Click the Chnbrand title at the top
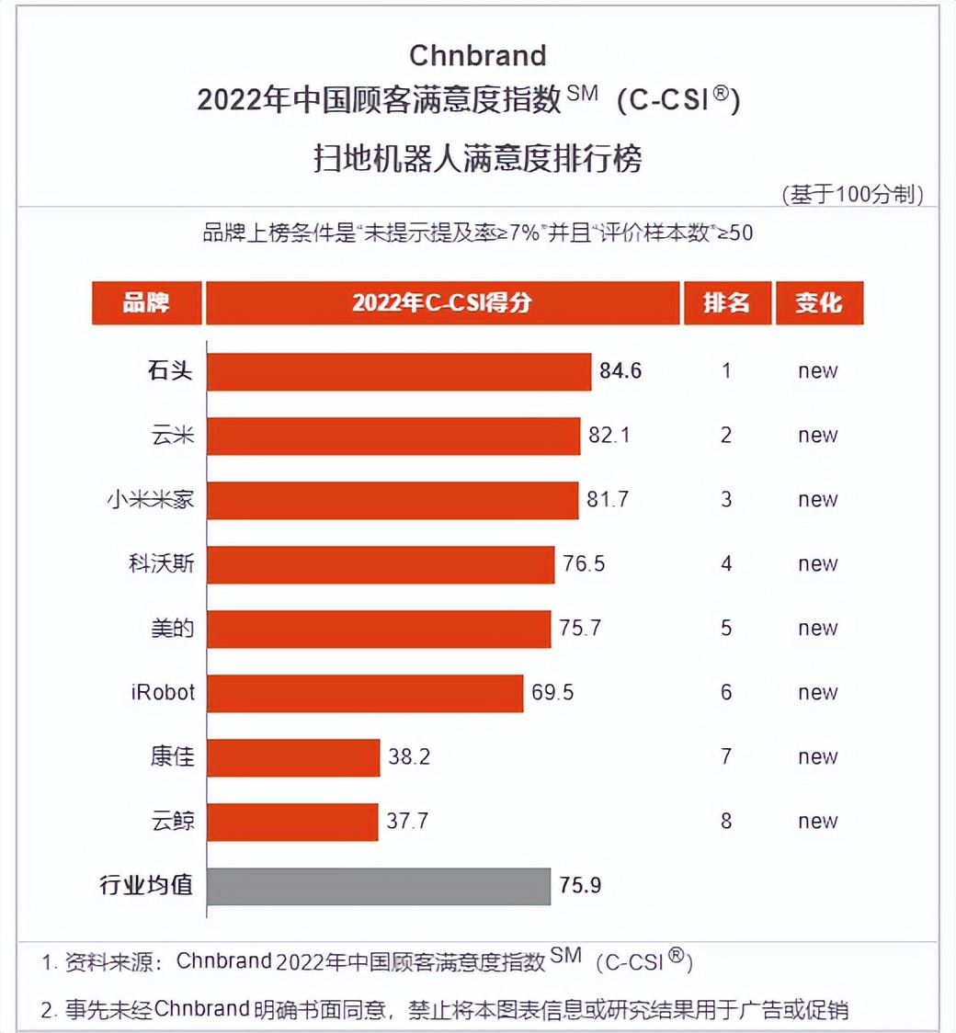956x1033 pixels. tap(477, 55)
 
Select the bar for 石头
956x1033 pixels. tap(399, 371)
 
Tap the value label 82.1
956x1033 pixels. tap(609, 436)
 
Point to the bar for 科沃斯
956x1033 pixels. tap(381, 564)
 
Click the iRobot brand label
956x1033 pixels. tap(163, 692)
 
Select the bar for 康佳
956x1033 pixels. tap(293, 757)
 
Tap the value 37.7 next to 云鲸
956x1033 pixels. tap(407, 822)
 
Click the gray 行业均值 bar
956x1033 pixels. tap(379, 886)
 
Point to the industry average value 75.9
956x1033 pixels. tap(581, 886)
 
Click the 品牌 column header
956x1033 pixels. tap(147, 303)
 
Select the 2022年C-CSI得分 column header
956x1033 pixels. tap(442, 303)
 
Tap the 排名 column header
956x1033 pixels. tap(726, 303)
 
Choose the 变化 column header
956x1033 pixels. tap(818, 303)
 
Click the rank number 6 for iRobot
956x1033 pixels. tap(726, 692)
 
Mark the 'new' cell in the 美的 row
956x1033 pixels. tap(818, 629)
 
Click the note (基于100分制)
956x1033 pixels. tap(852, 195)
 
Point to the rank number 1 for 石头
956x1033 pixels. tap(726, 371)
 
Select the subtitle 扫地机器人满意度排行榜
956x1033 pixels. tap(477, 158)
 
